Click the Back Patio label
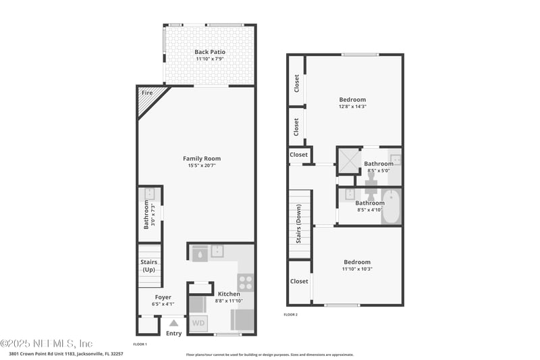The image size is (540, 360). (x=210, y=52)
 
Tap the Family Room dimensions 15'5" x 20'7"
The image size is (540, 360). (x=202, y=166)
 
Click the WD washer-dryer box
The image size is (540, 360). (x=198, y=323)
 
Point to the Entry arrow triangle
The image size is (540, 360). (x=173, y=323)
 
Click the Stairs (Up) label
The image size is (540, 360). (x=148, y=265)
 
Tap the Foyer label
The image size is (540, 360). (x=163, y=297)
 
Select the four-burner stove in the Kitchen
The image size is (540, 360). (x=245, y=281)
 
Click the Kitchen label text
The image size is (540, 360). (x=229, y=294)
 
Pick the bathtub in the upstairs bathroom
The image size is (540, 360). (x=391, y=206)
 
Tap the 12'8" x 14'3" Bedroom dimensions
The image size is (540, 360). (x=352, y=107)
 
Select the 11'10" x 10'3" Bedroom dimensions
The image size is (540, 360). (x=357, y=269)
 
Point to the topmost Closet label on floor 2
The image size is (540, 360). (x=296, y=82)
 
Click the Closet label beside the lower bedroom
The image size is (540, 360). (x=299, y=281)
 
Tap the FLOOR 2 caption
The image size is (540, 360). (x=290, y=314)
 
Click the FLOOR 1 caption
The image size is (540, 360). (x=140, y=344)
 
